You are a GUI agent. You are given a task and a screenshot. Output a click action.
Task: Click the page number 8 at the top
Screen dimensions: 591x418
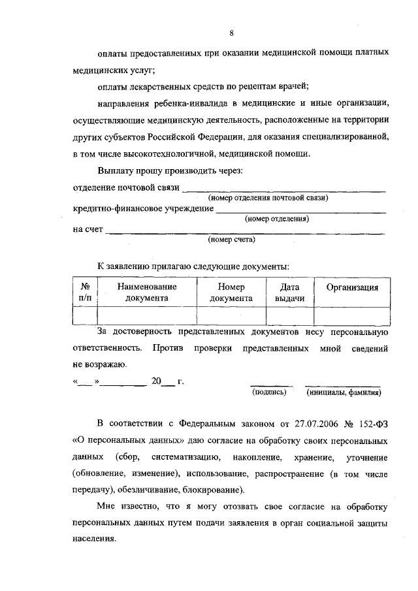(231, 33)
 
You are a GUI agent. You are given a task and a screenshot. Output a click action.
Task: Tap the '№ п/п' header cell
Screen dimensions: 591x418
(84, 292)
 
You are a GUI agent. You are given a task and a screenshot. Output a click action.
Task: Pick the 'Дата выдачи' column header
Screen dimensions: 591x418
(289, 292)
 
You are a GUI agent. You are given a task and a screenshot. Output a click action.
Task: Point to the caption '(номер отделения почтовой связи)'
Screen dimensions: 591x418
(267, 197)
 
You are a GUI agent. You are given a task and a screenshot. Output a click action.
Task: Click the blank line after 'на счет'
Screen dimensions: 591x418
(245, 232)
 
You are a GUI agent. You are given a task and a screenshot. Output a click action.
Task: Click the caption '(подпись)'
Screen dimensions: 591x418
(270, 392)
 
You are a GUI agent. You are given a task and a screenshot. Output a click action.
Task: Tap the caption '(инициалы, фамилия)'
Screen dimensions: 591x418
(344, 392)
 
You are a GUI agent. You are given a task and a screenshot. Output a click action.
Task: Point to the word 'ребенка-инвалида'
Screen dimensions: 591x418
(180, 103)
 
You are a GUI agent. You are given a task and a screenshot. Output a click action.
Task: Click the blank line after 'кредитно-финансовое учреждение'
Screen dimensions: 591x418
(300, 210)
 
